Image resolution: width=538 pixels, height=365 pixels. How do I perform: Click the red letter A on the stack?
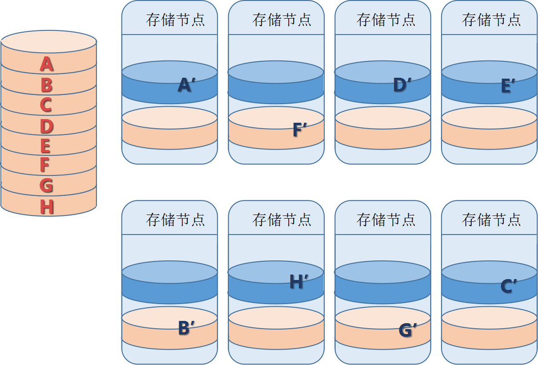[x=46, y=64]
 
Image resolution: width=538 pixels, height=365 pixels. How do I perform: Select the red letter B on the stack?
[x=46, y=85]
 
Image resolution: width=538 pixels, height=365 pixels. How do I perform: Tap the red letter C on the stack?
[x=45, y=105]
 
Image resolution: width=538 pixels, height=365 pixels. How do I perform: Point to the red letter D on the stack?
[x=46, y=126]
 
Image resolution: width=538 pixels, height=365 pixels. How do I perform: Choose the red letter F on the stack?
[x=45, y=165]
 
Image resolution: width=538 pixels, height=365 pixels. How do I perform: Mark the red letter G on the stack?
[x=46, y=186]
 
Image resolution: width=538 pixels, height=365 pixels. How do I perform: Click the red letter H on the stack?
[x=46, y=207]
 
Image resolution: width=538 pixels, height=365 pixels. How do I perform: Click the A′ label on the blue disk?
[x=185, y=85]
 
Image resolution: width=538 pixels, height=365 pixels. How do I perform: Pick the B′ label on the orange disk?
[x=186, y=328]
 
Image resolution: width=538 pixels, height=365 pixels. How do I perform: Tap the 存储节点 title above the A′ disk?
[x=175, y=20]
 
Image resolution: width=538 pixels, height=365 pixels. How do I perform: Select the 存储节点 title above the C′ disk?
[x=491, y=220]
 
